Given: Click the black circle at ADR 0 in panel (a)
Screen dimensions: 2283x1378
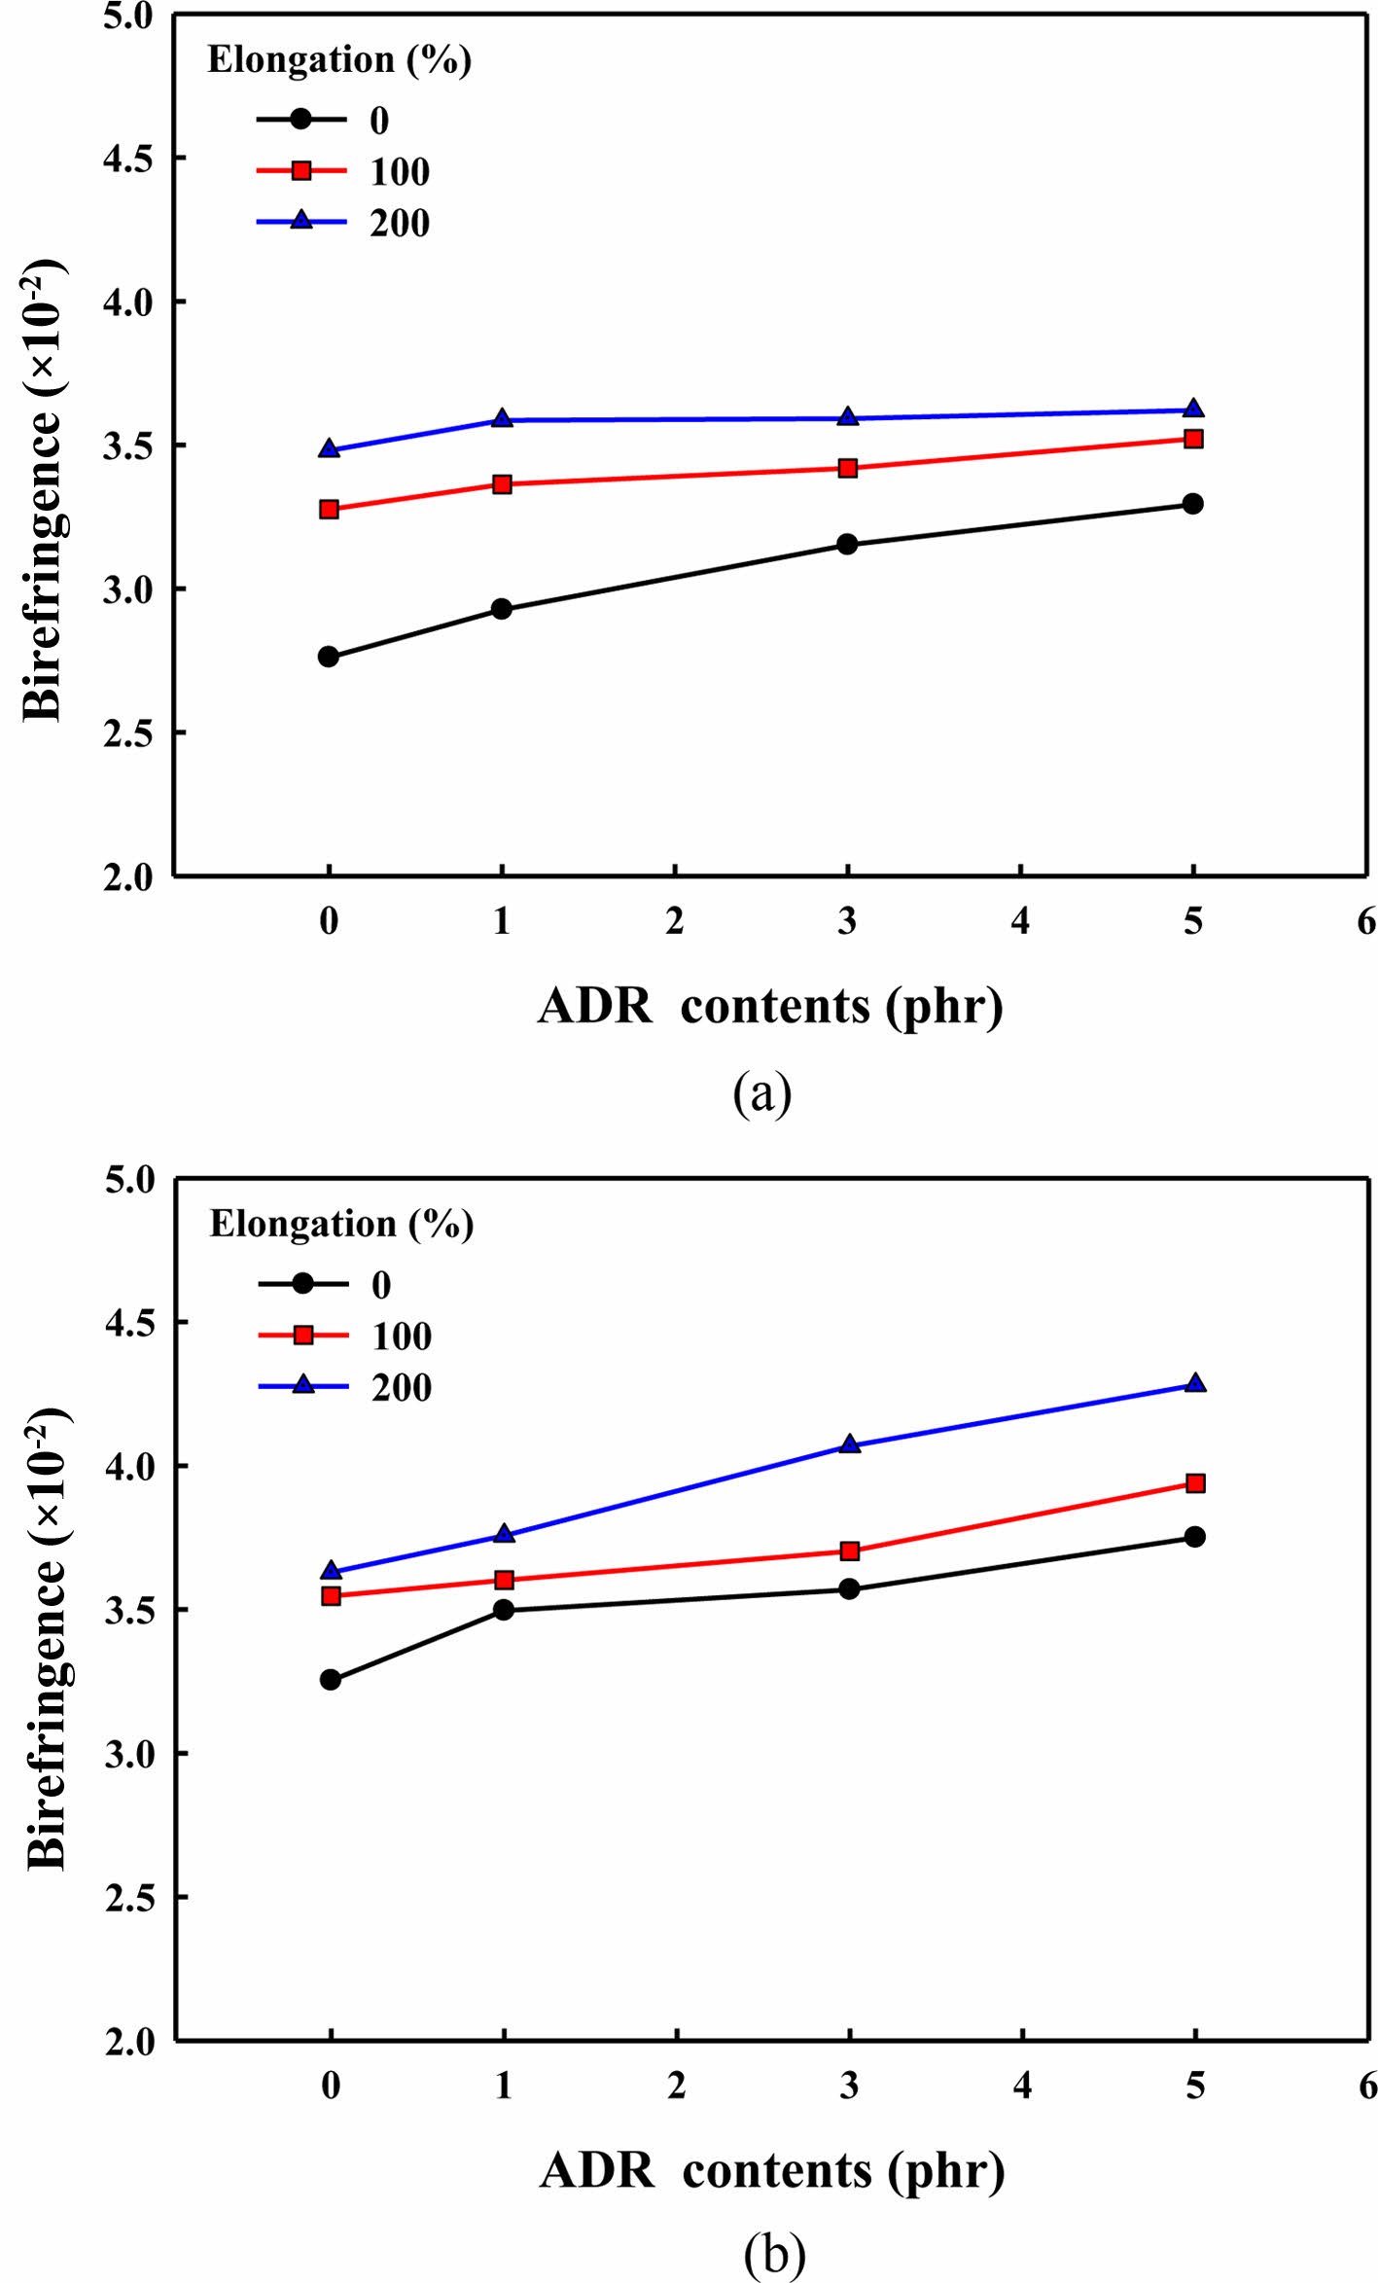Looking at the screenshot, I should [x=329, y=657].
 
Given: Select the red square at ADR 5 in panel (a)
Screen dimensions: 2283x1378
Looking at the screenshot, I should [x=1193, y=439].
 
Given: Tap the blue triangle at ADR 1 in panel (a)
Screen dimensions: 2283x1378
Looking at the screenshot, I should [x=502, y=419].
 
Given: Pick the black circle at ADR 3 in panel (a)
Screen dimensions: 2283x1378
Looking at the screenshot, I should [x=847, y=544].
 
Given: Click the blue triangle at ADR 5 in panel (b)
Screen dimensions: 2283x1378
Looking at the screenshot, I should [x=1195, y=1384].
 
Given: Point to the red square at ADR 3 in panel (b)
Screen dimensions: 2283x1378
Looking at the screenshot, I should [x=850, y=1551].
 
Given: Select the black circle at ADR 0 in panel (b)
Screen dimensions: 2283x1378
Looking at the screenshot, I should [x=331, y=1680].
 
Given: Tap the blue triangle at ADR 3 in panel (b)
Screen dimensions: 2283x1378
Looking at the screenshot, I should [x=850, y=1445].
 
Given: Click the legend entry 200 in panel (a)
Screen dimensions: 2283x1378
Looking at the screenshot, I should [x=399, y=224].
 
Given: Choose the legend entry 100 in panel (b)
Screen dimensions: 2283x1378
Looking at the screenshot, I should [x=401, y=1337].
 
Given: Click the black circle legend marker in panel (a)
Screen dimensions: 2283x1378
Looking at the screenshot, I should [x=301, y=119].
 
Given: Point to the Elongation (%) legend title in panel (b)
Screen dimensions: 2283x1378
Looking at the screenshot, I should [x=341, y=1224].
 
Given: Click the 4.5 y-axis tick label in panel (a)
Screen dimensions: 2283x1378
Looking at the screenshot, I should [x=128, y=159].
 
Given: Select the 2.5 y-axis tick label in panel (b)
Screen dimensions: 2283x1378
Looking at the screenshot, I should [x=130, y=1897].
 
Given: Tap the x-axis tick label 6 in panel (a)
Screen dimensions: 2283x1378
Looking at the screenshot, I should [x=1366, y=921].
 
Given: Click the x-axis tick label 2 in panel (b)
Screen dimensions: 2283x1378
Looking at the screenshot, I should [x=677, y=2086].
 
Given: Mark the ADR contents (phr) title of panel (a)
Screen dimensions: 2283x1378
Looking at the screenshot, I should [x=770, y=1006].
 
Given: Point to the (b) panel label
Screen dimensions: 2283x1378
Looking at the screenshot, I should [x=774, y=2253].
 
